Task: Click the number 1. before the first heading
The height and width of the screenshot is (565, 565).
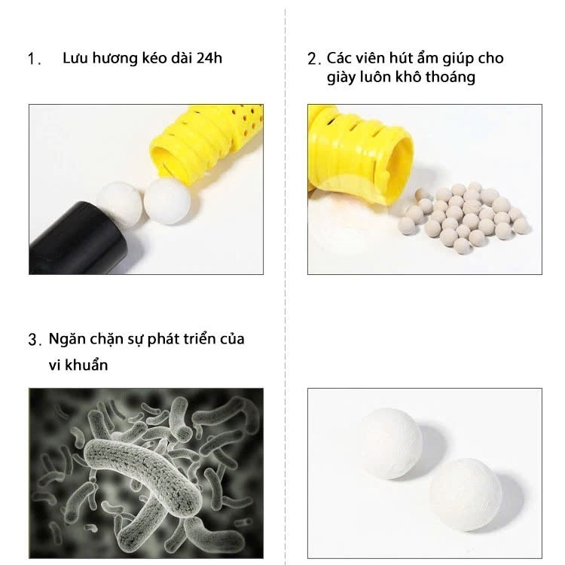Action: pos(34,59)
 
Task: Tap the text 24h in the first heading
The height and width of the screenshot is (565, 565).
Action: pos(209,58)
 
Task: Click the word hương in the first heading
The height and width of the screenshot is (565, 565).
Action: pos(115,59)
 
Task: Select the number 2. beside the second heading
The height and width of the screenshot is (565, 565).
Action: pos(314,59)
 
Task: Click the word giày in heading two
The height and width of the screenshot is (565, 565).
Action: pos(341,78)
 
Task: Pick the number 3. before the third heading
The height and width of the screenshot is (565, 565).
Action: pos(35,340)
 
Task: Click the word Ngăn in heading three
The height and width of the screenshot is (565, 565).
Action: pos(66,340)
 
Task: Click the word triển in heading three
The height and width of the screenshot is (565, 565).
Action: pos(194,339)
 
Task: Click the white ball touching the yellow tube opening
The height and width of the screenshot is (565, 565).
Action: pos(167,202)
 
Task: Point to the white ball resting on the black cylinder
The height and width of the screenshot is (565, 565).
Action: pos(119,203)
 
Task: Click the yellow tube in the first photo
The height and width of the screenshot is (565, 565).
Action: pos(206,144)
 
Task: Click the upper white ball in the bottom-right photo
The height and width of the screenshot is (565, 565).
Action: pos(391,444)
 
